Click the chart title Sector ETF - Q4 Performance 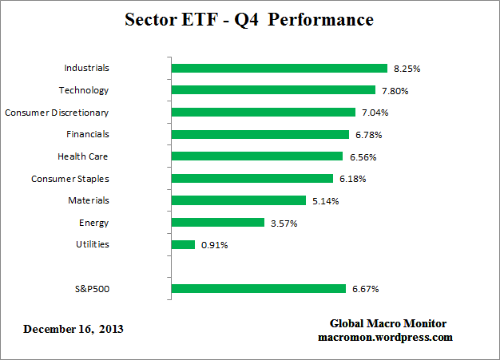[x=249, y=19]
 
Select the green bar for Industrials [x=279, y=69]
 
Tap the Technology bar [x=273, y=90]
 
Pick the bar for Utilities [x=183, y=244]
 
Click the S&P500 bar [x=259, y=288]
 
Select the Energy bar [x=217, y=223]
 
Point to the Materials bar [x=238, y=200]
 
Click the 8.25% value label [x=406, y=69]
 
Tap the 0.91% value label [x=214, y=244]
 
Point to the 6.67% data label [x=364, y=288]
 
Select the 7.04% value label [x=374, y=113]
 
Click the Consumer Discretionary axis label [x=57, y=113]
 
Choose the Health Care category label [x=83, y=156]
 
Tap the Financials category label [x=88, y=134]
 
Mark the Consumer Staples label [x=70, y=179]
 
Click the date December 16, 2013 [x=73, y=329]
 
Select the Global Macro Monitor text [x=388, y=323]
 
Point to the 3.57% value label [x=283, y=223]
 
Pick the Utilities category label [x=93, y=244]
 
